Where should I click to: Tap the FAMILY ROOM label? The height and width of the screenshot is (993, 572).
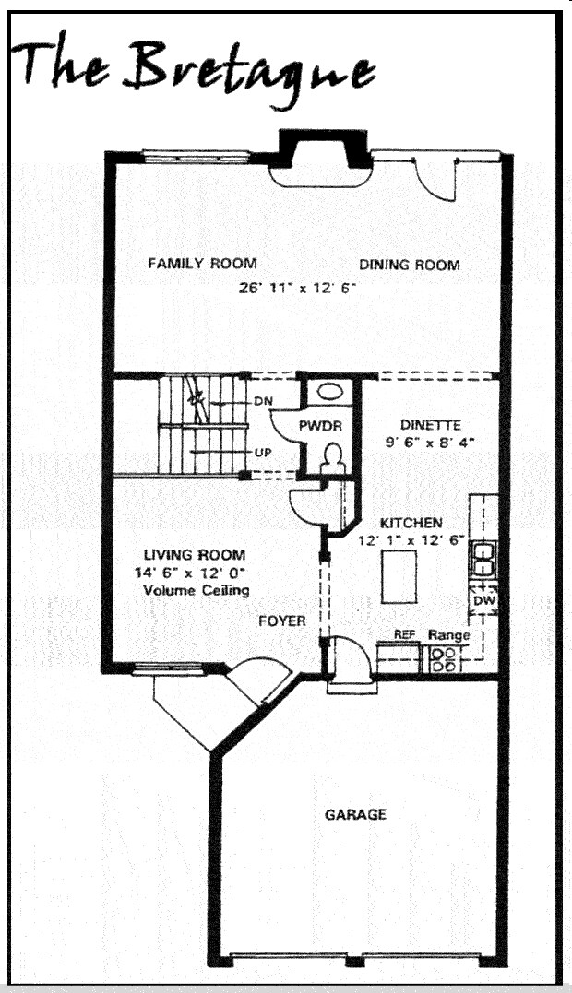(x=202, y=264)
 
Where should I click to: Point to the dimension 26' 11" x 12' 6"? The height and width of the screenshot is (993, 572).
(x=297, y=288)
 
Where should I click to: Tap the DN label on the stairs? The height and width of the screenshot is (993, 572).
(x=262, y=402)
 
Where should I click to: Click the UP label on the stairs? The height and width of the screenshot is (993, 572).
(x=262, y=453)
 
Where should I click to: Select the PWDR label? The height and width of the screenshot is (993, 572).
(x=322, y=426)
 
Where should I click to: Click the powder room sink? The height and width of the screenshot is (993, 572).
(x=327, y=391)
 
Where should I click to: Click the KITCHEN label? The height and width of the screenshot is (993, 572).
(x=411, y=523)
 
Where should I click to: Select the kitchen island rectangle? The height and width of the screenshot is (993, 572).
(x=399, y=575)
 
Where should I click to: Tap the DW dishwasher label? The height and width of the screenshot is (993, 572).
(x=483, y=600)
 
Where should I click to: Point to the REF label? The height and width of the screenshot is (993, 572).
(x=404, y=635)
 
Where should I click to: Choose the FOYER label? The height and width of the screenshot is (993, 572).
(x=281, y=621)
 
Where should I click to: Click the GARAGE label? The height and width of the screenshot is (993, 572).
(x=355, y=814)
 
